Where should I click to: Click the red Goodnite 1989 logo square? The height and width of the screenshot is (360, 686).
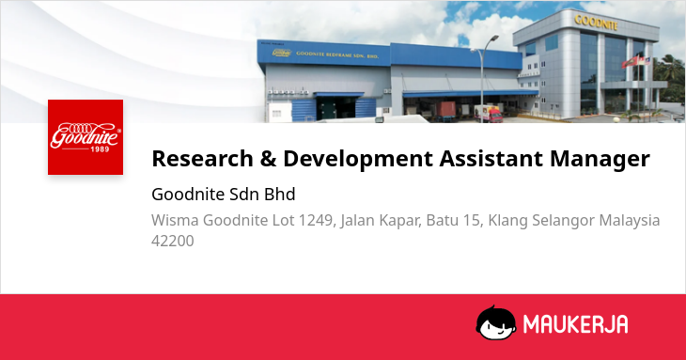click(86, 137)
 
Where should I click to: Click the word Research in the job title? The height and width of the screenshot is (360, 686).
click(203, 158)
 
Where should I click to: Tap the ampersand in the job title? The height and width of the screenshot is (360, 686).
click(268, 158)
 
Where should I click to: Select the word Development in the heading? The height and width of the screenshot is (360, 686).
click(358, 159)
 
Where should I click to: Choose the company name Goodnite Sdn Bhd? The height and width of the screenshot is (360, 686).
click(224, 195)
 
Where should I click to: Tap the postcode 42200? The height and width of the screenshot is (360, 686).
click(172, 241)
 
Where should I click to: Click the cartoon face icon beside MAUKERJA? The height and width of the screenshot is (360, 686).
click(495, 322)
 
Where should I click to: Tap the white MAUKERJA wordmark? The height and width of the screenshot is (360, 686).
click(576, 324)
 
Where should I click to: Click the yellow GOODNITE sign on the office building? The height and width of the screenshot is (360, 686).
click(596, 22)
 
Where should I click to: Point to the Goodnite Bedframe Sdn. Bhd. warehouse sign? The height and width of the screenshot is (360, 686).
click(337, 55)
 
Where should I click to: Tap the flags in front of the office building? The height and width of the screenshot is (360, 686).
click(635, 62)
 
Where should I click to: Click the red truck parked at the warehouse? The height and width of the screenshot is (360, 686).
click(489, 114)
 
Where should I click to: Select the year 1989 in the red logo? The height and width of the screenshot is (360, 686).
click(100, 149)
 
